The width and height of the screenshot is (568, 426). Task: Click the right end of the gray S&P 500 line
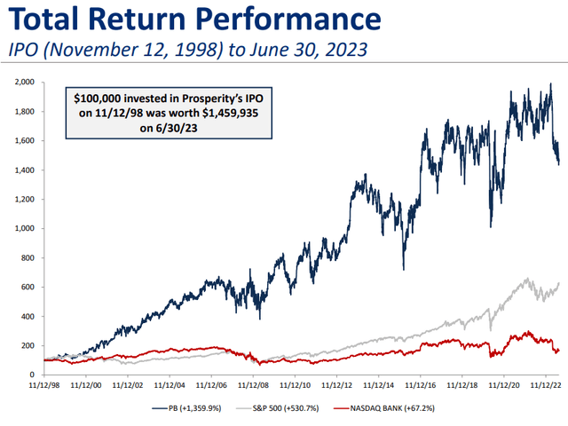pyautogui.click(x=559, y=283)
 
